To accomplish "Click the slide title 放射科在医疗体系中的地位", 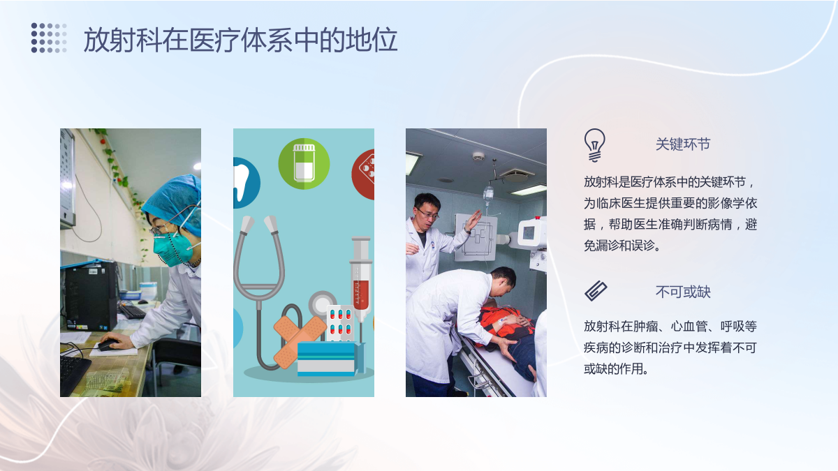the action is coord(240,40).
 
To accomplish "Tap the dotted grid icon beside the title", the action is coord(49,38).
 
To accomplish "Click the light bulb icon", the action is coord(594,145).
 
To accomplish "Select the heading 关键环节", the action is coord(683,144).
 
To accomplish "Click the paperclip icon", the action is coord(596,290).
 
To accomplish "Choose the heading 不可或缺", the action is coord(683,292).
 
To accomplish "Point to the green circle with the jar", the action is coord(304,164).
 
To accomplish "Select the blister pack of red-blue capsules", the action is coord(340,323).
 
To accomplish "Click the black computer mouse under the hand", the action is coord(108,345).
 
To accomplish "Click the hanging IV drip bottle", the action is coord(488,195).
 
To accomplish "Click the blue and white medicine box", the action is coord(328,358).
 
